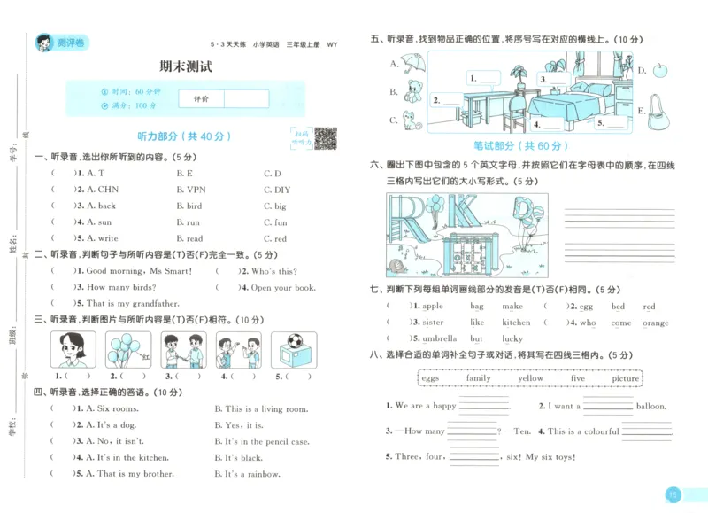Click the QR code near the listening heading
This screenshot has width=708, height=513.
[x=325, y=138]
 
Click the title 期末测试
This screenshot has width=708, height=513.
[x=186, y=66]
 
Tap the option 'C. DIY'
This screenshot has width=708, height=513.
[x=277, y=190]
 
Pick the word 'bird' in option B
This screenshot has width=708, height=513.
[x=193, y=206]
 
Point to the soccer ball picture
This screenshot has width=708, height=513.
[x=293, y=349]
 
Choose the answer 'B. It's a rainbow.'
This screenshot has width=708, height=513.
[x=250, y=474]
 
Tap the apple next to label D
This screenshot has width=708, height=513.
[x=659, y=70]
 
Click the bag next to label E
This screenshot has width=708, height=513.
[x=658, y=110]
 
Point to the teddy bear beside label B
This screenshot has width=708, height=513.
[x=412, y=90]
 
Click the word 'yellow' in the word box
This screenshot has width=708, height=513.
[x=530, y=378]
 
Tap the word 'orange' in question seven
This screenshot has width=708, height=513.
[x=655, y=323]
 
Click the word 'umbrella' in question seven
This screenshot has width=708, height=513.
[x=439, y=338]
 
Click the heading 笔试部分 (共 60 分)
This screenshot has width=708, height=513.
[x=521, y=146]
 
